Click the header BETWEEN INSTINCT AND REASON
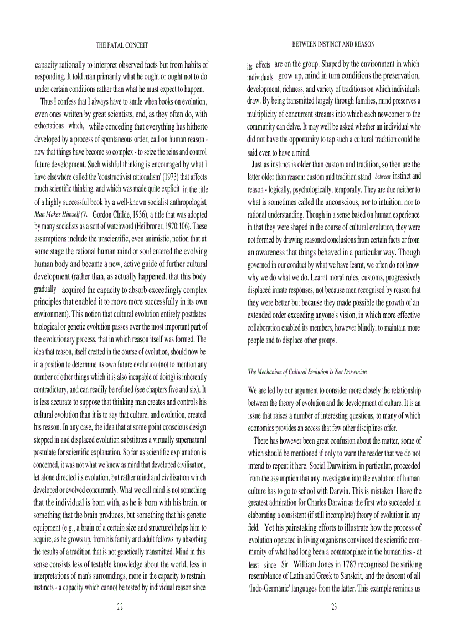tap(333, 44)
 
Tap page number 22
tap(120, 606)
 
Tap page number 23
tap(334, 606)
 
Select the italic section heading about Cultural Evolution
tap(307, 372)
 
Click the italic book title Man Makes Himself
tap(57, 214)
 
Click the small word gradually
tap(45, 289)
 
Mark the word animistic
tap(146, 239)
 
